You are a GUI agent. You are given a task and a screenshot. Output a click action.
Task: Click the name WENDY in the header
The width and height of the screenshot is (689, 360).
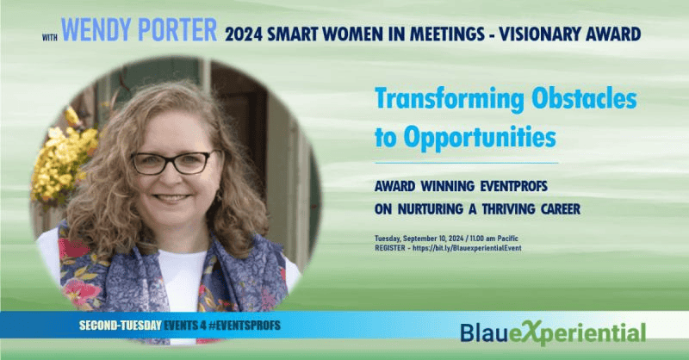click(96, 30)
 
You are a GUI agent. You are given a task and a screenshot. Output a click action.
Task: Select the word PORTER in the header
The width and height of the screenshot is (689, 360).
click(177, 30)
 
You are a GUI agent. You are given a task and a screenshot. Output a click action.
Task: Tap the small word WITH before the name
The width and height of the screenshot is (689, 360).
click(50, 38)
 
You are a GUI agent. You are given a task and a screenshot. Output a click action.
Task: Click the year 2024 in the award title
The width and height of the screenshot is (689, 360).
click(244, 34)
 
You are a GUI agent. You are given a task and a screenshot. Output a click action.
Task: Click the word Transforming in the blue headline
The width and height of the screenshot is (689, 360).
click(450, 100)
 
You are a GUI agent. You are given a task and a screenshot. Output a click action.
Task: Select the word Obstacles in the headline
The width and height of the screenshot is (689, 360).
click(584, 98)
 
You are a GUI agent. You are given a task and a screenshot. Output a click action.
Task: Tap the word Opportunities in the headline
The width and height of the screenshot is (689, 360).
click(480, 138)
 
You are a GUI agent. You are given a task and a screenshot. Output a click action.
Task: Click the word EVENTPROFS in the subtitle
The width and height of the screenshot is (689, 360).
click(513, 186)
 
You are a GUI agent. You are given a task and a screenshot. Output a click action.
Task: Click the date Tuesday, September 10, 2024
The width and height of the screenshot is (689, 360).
click(419, 239)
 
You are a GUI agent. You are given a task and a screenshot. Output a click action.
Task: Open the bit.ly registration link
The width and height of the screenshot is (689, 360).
click(467, 248)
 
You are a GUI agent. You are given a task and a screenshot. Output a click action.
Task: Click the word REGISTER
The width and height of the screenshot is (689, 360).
click(390, 248)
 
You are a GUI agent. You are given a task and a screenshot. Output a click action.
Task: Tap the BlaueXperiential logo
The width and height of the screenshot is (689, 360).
click(553, 332)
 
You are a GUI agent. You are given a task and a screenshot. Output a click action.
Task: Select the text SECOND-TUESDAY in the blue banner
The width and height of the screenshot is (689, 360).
click(121, 326)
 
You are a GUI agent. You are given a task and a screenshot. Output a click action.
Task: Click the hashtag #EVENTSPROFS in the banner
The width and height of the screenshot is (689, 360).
click(245, 326)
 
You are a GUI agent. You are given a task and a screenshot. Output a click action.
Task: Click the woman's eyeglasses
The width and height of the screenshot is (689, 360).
click(174, 163)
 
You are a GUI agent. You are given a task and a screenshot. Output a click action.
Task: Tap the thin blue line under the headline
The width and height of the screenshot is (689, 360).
click(467, 163)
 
